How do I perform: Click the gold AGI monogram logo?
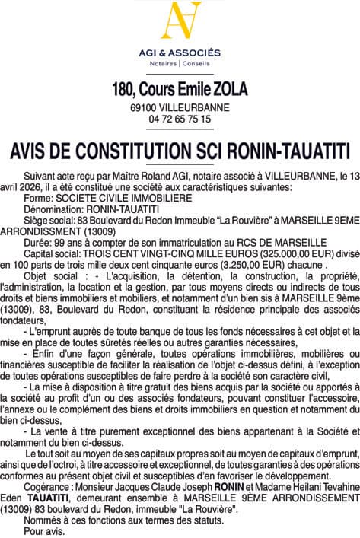(180, 23)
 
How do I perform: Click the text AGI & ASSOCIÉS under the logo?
(180, 53)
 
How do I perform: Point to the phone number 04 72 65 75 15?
(180, 119)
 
